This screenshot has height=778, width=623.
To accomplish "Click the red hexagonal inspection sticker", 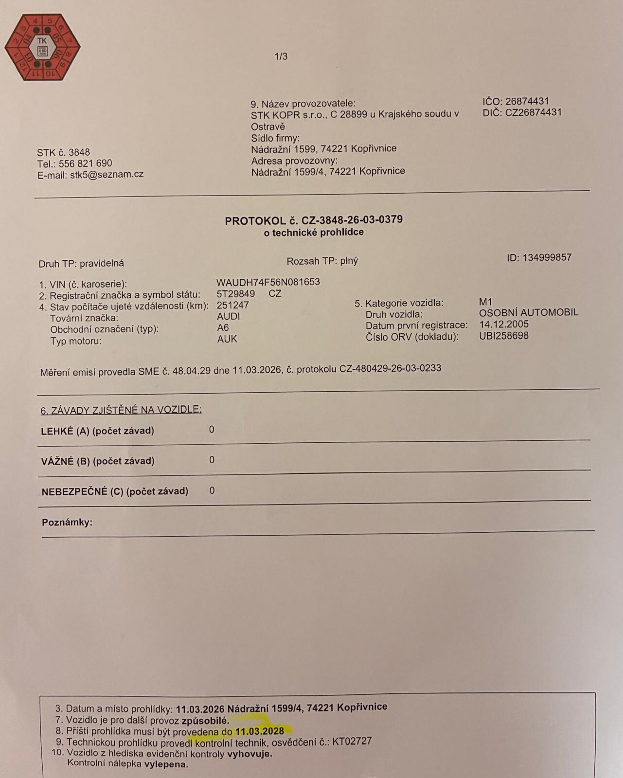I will click(x=42, y=47).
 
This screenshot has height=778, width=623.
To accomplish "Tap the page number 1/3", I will click(x=281, y=56).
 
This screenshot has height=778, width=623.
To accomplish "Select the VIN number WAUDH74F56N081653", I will click(x=268, y=282).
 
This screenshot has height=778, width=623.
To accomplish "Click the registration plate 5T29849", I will click(x=236, y=294).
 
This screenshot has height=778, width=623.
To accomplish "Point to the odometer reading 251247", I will click(x=233, y=305).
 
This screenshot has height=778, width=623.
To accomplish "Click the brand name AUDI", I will click(x=229, y=316).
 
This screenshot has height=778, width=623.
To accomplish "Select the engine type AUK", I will click(x=227, y=339).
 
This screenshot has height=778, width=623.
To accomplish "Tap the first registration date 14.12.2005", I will click(x=504, y=325).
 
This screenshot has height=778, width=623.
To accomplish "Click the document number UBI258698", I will click(x=504, y=336).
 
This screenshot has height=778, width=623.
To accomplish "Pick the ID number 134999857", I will click(x=547, y=257).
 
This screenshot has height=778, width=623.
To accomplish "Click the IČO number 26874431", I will click(x=527, y=101).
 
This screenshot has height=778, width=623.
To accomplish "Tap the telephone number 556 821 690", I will click(x=86, y=163).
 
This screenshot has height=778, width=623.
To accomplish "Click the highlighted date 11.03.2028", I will click(x=260, y=731).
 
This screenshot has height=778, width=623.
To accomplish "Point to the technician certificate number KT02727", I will click(x=352, y=741).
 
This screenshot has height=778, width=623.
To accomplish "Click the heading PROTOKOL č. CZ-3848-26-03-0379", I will click(x=314, y=220).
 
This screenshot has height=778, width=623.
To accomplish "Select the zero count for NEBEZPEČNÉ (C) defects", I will click(x=212, y=490).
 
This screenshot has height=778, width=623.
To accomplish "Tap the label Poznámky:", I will click(x=67, y=523).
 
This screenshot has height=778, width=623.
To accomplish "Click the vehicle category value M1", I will click(x=485, y=302).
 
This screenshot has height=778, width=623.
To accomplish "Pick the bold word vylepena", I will click(x=166, y=764).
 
